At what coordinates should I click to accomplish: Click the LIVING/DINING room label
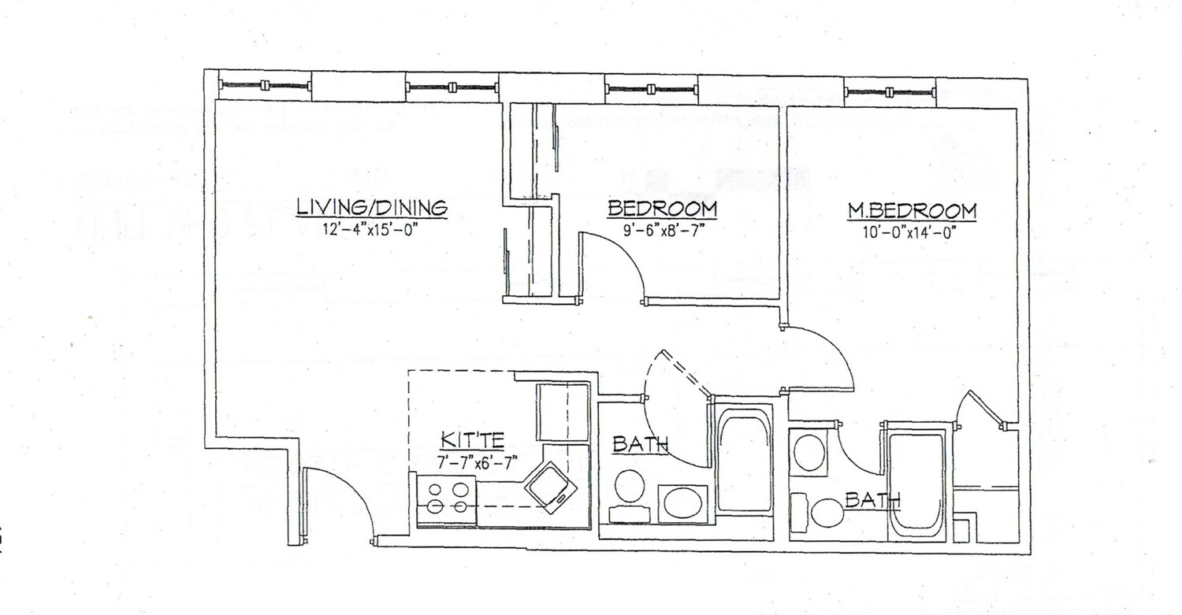(371, 207)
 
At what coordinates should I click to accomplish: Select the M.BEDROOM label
(912, 211)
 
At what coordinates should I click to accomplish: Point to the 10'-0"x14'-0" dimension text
(912, 234)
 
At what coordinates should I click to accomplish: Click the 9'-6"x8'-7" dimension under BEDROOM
(662, 232)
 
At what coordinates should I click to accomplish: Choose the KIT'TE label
(473, 439)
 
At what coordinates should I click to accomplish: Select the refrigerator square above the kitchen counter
(563, 412)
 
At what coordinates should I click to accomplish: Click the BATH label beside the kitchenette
(640, 446)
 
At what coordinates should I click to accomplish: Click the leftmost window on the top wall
(265, 86)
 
